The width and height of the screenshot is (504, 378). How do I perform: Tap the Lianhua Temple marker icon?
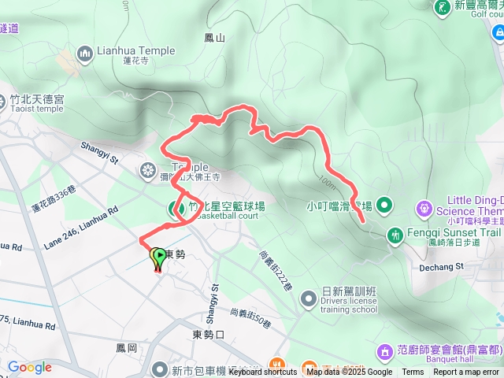click(85, 53)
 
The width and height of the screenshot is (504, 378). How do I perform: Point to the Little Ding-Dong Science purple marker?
click(424, 209)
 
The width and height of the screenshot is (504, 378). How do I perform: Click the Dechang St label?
click(443, 267)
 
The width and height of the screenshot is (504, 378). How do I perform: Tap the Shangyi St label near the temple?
click(98, 151)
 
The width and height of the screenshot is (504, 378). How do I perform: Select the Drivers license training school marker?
click(307, 298)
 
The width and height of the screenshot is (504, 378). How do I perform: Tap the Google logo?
click(30, 368)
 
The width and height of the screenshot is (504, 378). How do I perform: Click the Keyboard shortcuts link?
click(264, 372)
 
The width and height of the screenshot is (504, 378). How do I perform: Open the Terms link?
click(413, 372)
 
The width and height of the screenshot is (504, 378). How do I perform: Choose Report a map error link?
click(467, 372)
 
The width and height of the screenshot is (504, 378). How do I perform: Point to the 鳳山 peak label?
click(214, 37)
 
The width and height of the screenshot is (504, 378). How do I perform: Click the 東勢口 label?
click(209, 335)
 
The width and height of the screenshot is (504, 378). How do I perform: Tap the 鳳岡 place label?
click(126, 347)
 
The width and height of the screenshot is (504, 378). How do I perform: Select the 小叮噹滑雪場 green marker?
click(384, 206)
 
